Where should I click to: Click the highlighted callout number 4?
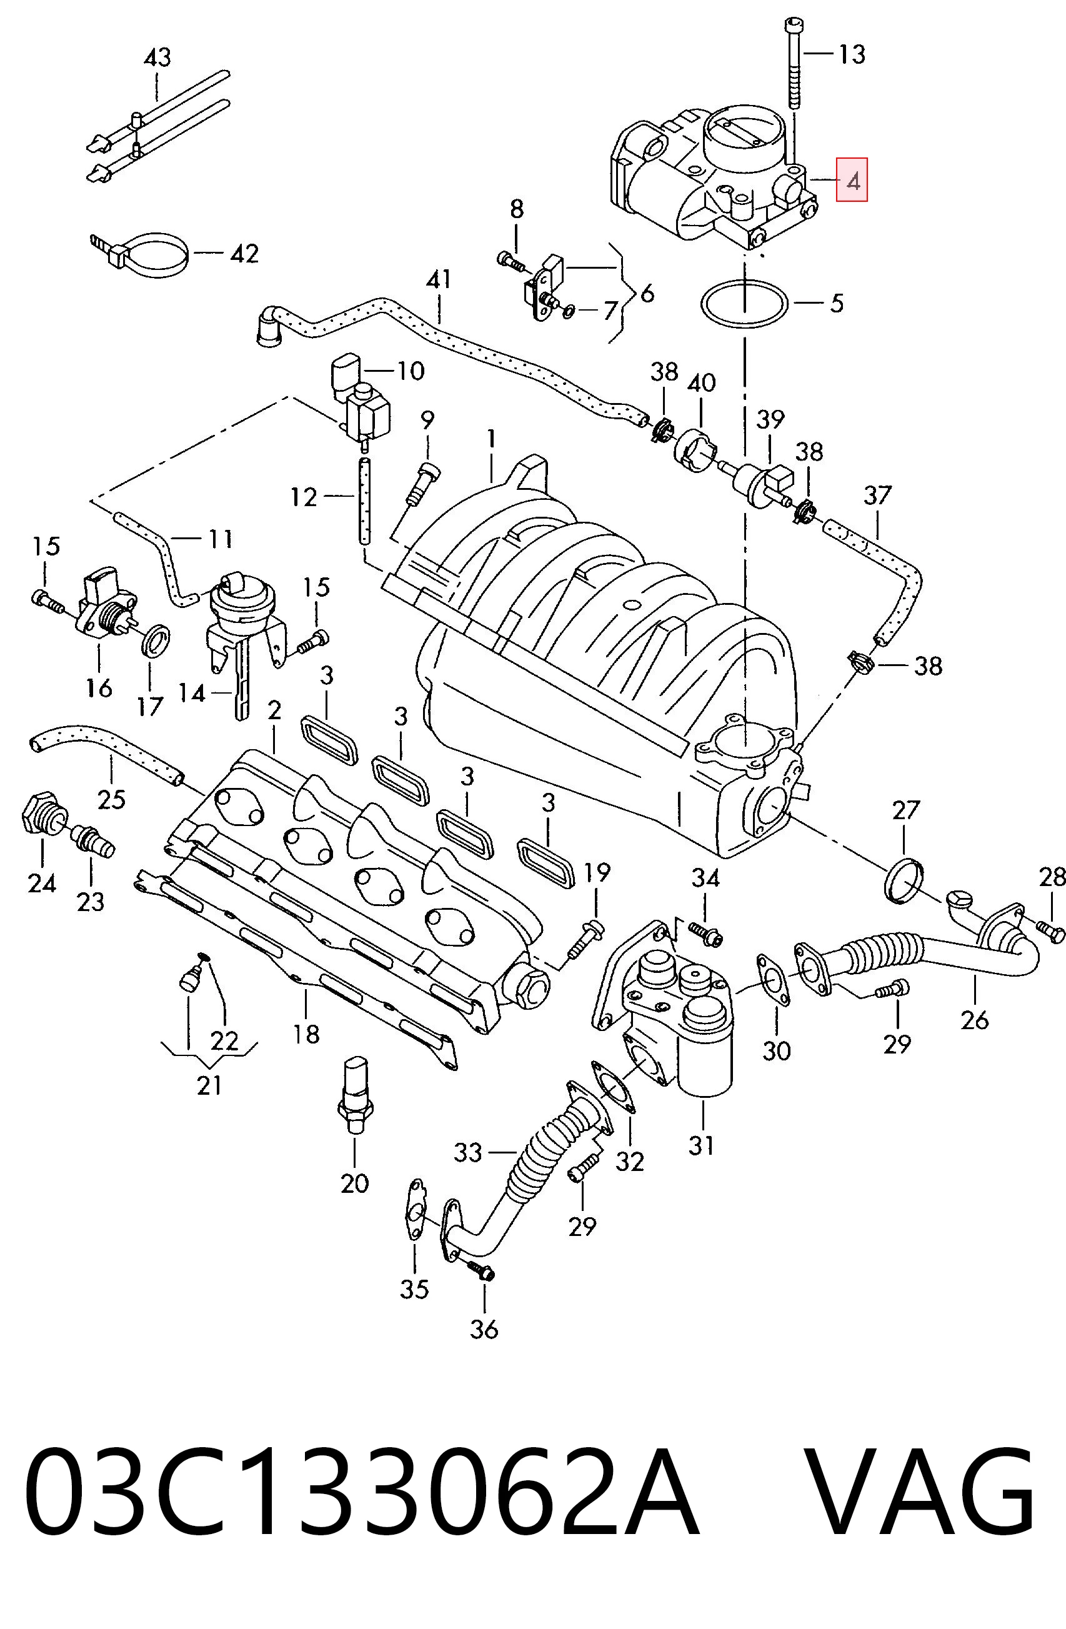click(x=852, y=181)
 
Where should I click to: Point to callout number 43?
click(x=157, y=57)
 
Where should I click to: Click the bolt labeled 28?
click(x=1050, y=930)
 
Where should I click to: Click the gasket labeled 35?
click(x=414, y=1208)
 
